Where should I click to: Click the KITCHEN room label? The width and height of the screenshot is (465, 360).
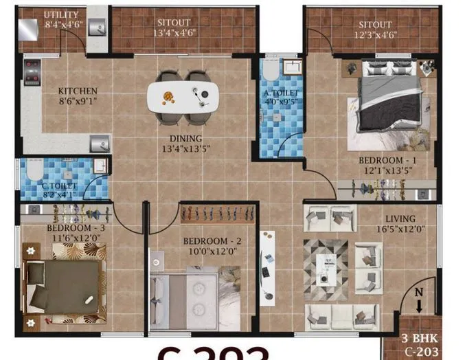coord(77,91)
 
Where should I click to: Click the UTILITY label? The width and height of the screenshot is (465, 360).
coord(60,14)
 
